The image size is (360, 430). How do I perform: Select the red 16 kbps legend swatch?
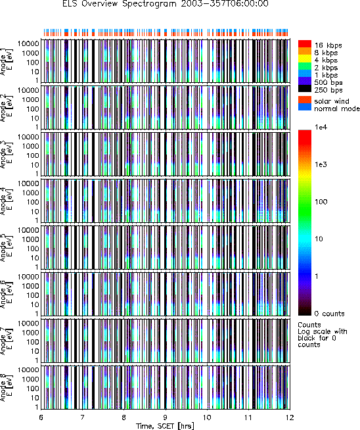pos(305,44)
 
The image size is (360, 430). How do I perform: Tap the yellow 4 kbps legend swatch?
pos(305,59)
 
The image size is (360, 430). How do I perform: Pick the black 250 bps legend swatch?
pos(305,88)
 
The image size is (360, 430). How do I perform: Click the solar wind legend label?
pos(332,101)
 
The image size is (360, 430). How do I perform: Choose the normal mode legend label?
pos(337,108)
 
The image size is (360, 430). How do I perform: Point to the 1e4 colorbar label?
pos(321,128)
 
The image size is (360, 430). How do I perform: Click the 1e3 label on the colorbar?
pos(321,164)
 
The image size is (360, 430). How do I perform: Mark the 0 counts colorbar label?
pos(329,314)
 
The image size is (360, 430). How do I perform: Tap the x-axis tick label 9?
pos(166,418)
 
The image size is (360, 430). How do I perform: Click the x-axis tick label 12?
pos(290,418)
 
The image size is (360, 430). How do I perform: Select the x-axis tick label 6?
pos(41,418)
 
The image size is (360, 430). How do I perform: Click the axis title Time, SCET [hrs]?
pos(165,426)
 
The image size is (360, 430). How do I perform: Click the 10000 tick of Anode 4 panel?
pos(28,183)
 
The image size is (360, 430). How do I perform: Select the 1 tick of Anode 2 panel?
pos(37,128)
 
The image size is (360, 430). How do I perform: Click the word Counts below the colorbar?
pos(309,325)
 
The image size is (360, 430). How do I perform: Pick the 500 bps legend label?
pos(328,82)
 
